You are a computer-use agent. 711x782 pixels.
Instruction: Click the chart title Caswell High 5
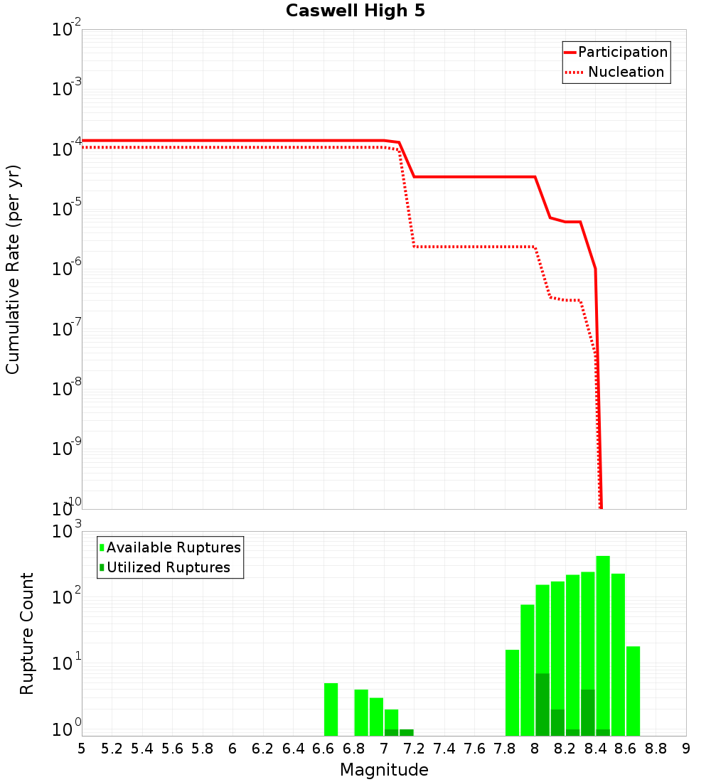coord(355,11)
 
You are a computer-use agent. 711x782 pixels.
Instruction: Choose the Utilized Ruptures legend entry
coord(168,567)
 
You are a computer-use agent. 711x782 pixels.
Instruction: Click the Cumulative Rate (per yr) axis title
coord(13,269)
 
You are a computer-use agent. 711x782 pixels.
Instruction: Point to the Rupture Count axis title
coord(27,633)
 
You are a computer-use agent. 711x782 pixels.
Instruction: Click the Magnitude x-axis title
coord(384,770)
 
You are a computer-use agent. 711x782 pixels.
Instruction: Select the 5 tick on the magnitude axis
coord(82,749)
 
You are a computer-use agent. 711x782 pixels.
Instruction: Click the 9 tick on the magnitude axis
coord(685,749)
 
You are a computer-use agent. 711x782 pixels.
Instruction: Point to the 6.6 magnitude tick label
coord(324,749)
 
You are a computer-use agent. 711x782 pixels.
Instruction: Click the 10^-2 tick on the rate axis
coord(67,30)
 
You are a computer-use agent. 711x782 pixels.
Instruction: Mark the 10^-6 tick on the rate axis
coord(67,269)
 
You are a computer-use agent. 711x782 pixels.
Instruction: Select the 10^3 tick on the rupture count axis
coord(67,532)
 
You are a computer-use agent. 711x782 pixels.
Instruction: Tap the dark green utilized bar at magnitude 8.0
coord(542,704)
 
